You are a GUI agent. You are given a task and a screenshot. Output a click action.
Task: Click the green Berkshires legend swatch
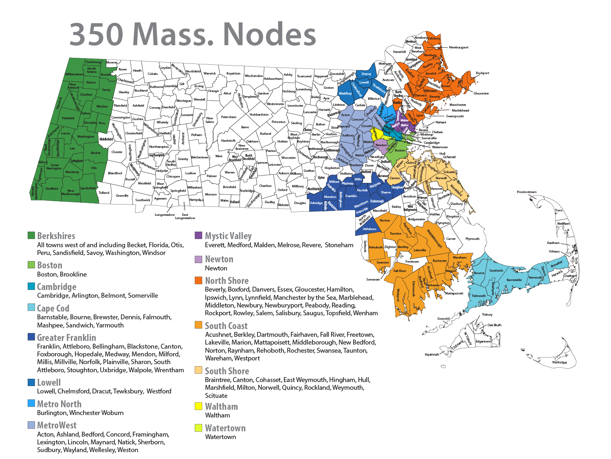[31, 235]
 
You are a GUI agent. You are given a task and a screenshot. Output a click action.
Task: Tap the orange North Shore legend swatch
[198, 280]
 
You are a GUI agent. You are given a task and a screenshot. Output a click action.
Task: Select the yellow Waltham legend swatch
[198, 406]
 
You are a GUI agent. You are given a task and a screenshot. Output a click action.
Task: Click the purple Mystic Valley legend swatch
[198, 235]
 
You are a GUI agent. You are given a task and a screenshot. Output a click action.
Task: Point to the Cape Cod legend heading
[53, 308]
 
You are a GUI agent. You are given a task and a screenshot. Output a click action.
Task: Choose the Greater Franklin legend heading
[66, 338]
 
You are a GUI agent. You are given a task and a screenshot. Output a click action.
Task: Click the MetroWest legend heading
[57, 425]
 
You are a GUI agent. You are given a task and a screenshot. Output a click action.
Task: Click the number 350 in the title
[96, 34]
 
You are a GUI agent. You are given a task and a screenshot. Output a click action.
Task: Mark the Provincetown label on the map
[526, 192]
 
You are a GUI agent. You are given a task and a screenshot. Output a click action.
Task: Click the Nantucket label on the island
[559, 362]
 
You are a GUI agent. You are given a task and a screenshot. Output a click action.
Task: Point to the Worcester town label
[288, 158]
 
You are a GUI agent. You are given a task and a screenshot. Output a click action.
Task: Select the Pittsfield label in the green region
[68, 118]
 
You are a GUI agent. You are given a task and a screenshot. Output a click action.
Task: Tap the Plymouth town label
[472, 239]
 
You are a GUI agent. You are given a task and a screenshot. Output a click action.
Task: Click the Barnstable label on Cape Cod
[514, 280]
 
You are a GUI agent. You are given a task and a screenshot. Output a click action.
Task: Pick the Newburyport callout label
[458, 47]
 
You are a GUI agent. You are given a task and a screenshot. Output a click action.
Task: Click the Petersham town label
[229, 117]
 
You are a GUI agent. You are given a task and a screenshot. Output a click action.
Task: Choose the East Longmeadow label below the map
[185, 216]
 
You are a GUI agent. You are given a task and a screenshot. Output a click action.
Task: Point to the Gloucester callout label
[481, 93]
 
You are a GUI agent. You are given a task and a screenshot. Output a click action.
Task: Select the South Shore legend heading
[226, 371]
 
